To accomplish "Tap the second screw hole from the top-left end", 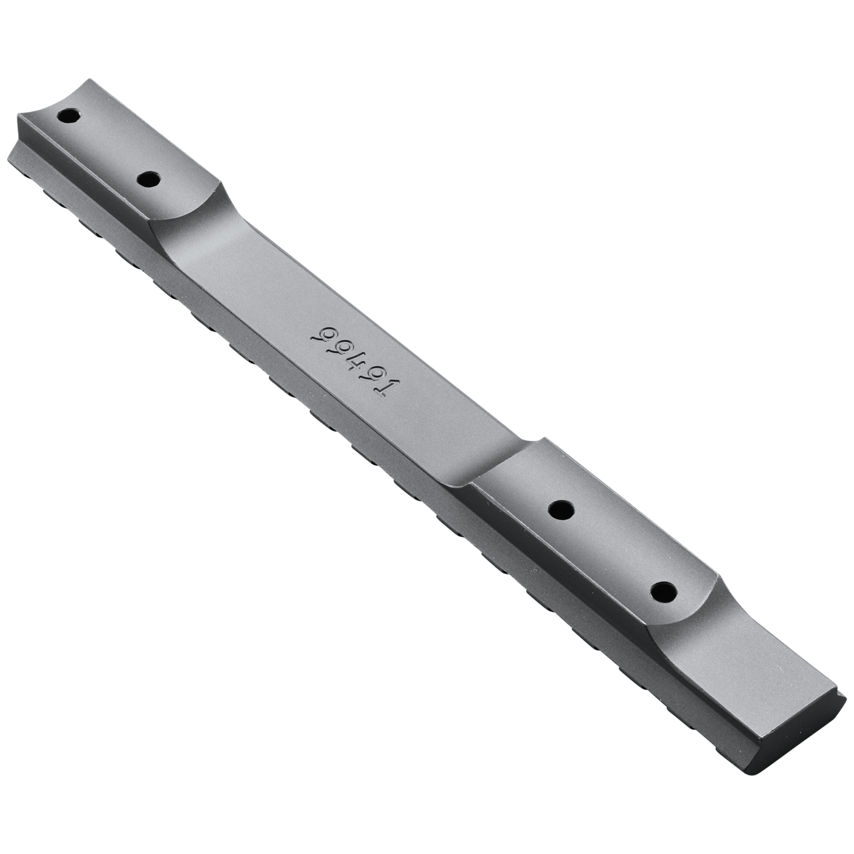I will click(149, 179).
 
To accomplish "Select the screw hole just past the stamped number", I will click(561, 510).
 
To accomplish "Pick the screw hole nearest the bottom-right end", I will click(663, 590).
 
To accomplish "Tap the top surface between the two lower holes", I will click(610, 550).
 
